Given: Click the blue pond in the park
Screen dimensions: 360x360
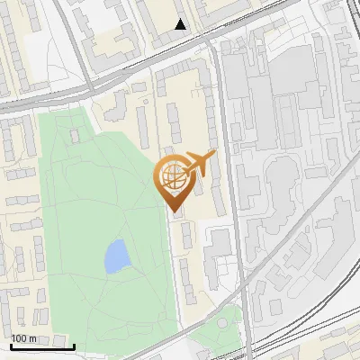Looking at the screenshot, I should click(x=116, y=256).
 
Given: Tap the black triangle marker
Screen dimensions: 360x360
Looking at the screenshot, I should click(x=182, y=24).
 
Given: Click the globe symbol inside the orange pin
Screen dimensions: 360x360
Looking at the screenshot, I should click(x=175, y=175).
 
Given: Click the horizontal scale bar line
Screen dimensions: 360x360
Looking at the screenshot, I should click(x=41, y=346).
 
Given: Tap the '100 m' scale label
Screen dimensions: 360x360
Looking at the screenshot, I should click(x=24, y=338).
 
